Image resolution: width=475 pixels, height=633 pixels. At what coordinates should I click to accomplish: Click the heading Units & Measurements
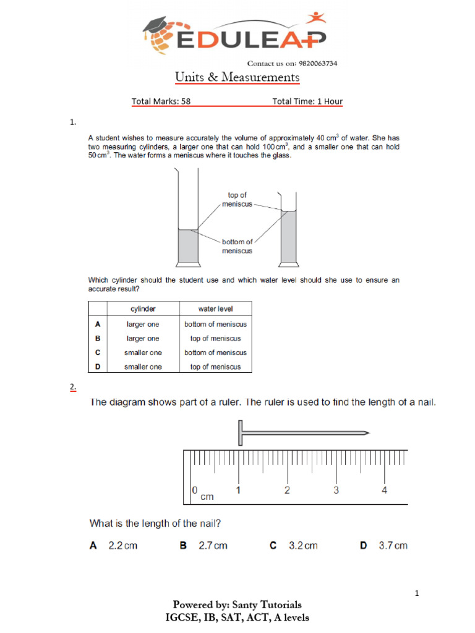tap(237, 77)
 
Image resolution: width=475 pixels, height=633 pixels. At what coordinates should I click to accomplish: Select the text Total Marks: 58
tap(161, 101)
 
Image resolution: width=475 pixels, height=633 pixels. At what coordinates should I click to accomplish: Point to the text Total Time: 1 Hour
tap(307, 101)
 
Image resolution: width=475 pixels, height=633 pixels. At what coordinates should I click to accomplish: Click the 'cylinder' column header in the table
tap(143, 308)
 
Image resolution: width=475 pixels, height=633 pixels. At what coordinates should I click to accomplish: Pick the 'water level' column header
tap(215, 308)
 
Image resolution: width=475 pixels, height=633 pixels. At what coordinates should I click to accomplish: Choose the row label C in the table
tap(98, 352)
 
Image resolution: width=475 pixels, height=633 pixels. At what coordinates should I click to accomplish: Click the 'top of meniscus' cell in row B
tap(215, 338)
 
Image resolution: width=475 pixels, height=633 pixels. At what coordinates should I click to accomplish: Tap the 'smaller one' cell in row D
tap(143, 367)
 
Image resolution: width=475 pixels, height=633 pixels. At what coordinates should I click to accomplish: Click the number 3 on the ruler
tap(336, 491)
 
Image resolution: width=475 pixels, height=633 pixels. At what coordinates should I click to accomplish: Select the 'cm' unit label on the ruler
tap(207, 496)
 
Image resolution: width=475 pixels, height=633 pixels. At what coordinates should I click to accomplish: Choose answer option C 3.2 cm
tap(294, 545)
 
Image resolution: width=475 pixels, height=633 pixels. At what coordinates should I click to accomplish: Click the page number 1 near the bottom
tap(417, 594)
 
